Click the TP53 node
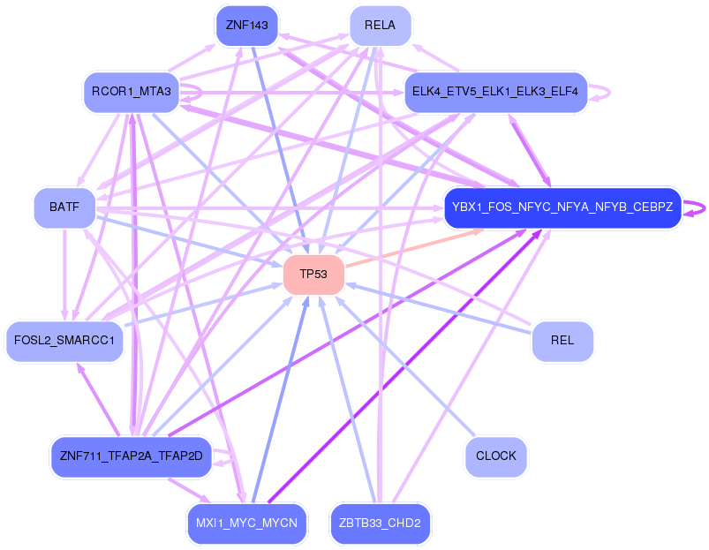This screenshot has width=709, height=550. click(x=313, y=275)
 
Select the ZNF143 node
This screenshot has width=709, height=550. click(x=247, y=25)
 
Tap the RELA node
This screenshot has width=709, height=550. click(x=380, y=25)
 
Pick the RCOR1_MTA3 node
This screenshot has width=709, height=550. click(x=132, y=91)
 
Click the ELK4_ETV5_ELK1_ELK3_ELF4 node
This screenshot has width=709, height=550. click(x=495, y=92)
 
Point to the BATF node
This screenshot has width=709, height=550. click(x=64, y=207)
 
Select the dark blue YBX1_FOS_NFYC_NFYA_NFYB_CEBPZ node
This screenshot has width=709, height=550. click(x=562, y=208)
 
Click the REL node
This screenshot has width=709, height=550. click(x=562, y=340)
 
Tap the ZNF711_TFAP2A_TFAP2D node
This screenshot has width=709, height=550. click(x=132, y=456)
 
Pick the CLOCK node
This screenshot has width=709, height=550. click(x=495, y=456)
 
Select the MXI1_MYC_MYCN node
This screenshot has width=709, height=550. click(x=247, y=524)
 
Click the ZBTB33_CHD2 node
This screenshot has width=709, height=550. click(x=380, y=524)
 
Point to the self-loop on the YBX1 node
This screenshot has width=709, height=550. click(x=700, y=208)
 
